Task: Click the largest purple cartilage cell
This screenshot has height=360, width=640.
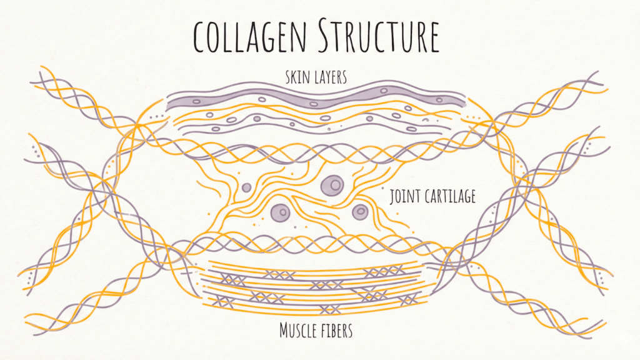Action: tap(332, 184)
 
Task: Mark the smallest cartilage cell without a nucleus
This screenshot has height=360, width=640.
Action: tap(246, 187)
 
